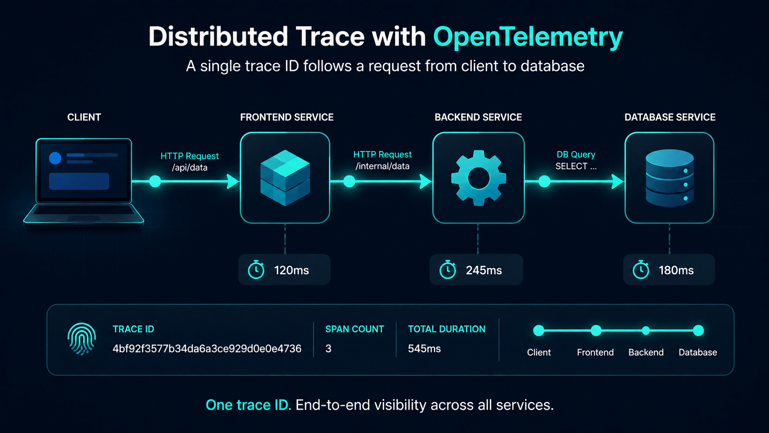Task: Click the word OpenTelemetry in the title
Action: point(528,37)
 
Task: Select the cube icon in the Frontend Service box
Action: point(285,178)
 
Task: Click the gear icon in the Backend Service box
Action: point(479,178)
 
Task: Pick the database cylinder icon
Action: point(670,178)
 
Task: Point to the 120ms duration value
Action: point(292,271)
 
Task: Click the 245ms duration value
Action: point(484,271)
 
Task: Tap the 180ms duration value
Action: point(676,271)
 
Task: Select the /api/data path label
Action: point(189,167)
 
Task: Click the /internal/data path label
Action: point(383,166)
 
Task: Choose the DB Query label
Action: point(576,155)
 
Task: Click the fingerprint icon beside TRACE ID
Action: point(82,339)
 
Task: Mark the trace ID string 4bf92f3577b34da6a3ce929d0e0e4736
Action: point(207,348)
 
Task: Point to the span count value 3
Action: point(328,348)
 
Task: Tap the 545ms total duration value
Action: point(425,348)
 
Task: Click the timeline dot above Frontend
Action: point(596,330)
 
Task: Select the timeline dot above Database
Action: point(698,330)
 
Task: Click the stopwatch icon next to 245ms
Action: point(448,270)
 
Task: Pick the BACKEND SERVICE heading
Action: point(478,117)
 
